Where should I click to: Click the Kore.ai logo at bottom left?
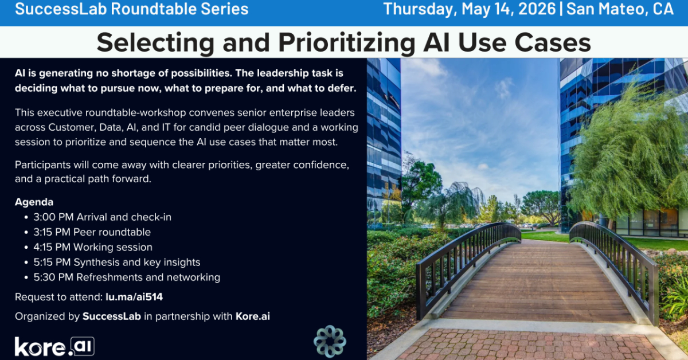click(x=54, y=346)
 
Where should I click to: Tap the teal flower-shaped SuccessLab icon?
click(x=330, y=341)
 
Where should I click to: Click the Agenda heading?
click(x=34, y=202)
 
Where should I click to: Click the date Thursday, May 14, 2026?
click(x=470, y=9)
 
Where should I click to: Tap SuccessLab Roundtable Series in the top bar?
click(x=132, y=9)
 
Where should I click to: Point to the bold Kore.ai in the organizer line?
click(x=252, y=316)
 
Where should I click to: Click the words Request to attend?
click(x=59, y=297)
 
